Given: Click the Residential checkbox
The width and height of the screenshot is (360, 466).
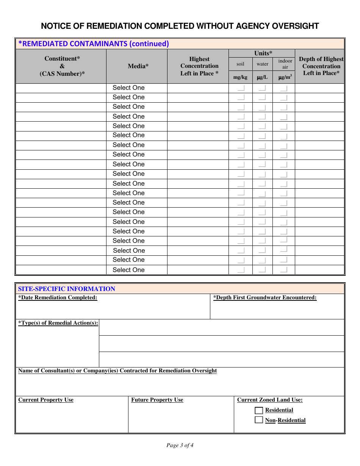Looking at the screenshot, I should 259,410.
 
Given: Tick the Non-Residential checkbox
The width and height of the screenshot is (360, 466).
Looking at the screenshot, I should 259,420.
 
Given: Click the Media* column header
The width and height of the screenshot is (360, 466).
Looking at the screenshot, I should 138,66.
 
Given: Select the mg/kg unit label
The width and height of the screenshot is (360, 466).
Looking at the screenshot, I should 240,77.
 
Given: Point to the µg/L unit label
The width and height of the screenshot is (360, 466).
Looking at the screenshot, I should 262,77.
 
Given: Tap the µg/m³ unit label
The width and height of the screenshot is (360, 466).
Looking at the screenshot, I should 285,77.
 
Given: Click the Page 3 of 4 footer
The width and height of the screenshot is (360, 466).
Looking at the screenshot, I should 180,445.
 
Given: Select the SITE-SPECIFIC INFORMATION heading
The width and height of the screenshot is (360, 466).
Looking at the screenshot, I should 67,289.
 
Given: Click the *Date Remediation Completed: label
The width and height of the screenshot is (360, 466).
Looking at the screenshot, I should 58,298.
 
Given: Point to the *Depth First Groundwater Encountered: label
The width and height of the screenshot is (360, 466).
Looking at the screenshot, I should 265,298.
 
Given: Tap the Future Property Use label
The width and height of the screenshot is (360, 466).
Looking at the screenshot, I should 157,400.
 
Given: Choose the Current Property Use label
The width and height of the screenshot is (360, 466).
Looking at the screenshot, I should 46,400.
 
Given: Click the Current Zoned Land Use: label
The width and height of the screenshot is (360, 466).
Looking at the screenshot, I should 270,400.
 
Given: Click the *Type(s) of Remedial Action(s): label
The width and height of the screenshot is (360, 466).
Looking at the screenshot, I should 58,323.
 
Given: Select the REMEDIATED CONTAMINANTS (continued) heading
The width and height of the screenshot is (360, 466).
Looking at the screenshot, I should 94,44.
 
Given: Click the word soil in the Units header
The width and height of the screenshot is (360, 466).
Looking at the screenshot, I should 240,64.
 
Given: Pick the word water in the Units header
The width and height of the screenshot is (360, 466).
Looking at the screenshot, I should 262,64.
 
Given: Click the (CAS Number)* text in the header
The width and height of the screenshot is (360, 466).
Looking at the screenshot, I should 62,73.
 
